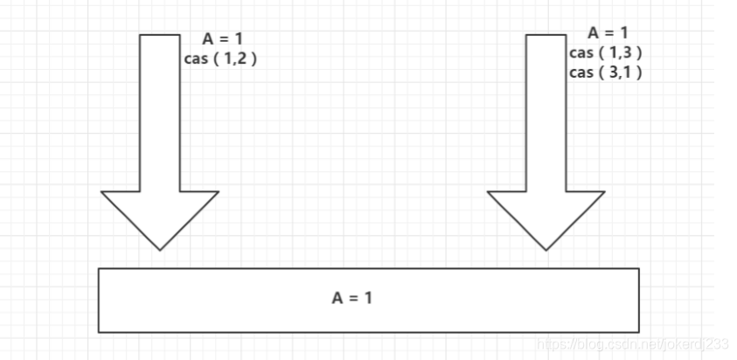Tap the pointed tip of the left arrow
(160, 249)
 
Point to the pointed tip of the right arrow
(546, 249)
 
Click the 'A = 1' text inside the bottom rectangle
(352, 298)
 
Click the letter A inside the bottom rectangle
(337, 298)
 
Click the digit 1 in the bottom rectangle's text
(368, 298)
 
